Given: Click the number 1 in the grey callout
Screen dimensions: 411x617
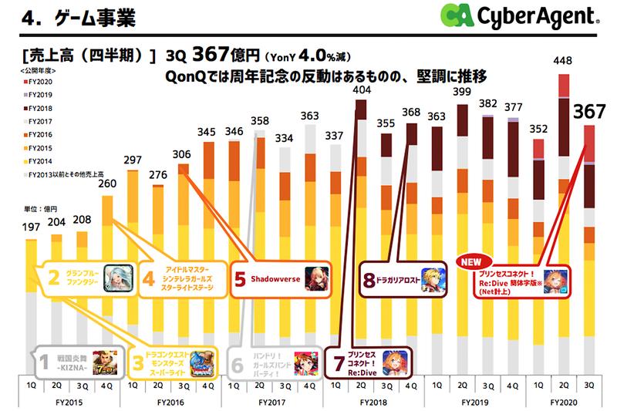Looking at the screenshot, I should [42, 362].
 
